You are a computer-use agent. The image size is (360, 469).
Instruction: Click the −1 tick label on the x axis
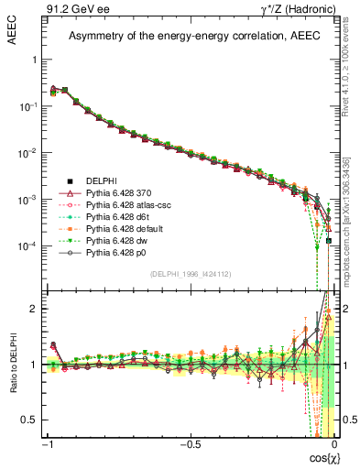point(48,444)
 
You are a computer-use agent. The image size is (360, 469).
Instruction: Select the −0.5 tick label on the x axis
point(189,444)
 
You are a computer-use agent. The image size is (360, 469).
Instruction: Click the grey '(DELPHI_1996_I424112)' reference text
point(189,275)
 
